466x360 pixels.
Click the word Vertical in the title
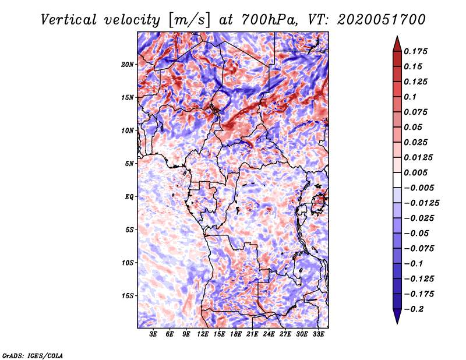pyautogui.click(x=68, y=20)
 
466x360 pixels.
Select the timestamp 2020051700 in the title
pyautogui.click(x=382, y=20)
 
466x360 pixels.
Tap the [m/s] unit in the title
pyautogui.click(x=189, y=20)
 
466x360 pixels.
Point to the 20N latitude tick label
pyautogui.click(x=128, y=65)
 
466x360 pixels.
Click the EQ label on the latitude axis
pyautogui.click(x=129, y=197)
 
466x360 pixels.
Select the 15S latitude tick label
pyautogui.click(x=128, y=296)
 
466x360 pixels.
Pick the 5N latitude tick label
pyautogui.click(x=129, y=164)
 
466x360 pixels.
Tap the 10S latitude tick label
pyautogui.click(x=128, y=263)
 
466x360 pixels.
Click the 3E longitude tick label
pyautogui.click(x=153, y=334)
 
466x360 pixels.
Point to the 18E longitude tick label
pyautogui.click(x=236, y=334)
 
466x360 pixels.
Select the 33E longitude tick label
pyautogui.click(x=318, y=334)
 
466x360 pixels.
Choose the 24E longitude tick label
pyautogui.click(x=269, y=334)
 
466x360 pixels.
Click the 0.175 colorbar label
pyautogui.click(x=415, y=51)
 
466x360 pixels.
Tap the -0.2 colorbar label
pyautogui.click(x=414, y=309)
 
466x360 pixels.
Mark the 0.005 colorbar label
pyautogui.click(x=415, y=172)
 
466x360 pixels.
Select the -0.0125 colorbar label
pyautogui.click(x=422, y=203)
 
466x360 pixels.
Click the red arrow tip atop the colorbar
pyautogui.click(x=397, y=36)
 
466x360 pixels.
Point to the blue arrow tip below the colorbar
pyautogui.click(x=397, y=323)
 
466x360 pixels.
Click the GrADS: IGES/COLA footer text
pyautogui.click(x=33, y=355)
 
